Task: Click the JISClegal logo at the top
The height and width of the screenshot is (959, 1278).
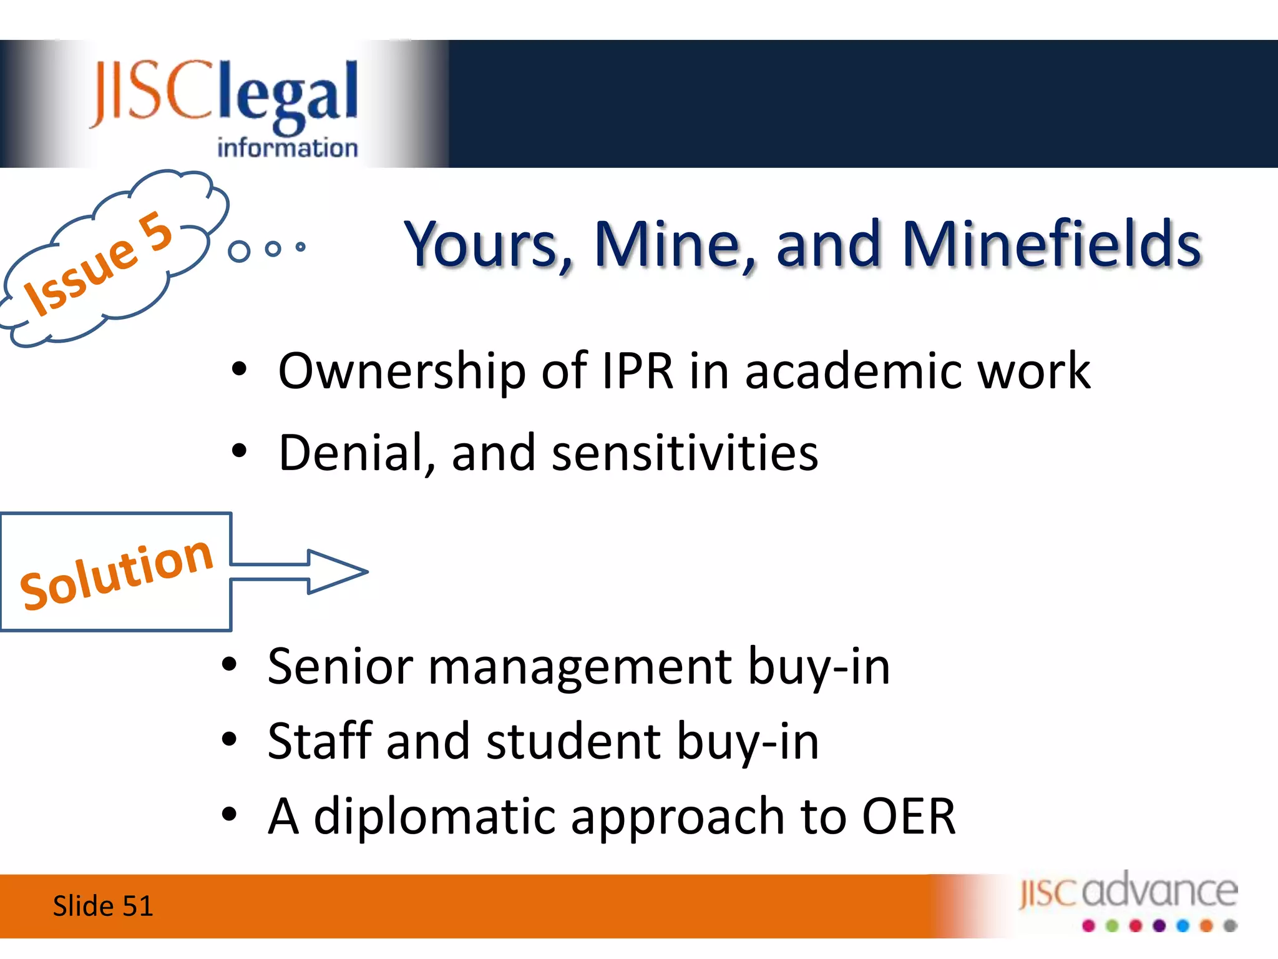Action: point(225,106)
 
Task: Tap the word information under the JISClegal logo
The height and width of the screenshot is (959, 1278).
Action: point(288,148)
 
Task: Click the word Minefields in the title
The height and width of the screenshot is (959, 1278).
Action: point(1051,244)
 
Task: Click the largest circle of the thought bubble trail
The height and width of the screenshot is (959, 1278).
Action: point(239,251)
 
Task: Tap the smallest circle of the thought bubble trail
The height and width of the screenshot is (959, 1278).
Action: point(301,247)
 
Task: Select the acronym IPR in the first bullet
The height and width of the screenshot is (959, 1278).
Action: point(637,371)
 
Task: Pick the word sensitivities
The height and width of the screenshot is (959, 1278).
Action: point(685,453)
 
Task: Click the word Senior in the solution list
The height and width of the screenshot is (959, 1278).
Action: point(340,667)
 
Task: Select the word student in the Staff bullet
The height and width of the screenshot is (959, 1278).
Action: point(573,742)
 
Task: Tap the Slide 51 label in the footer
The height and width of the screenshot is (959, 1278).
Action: point(103,906)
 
